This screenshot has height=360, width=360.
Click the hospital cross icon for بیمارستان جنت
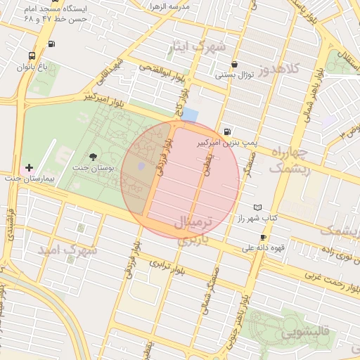pyautogui.click(x=29, y=167)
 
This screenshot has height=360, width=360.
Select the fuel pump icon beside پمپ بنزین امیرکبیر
pyautogui.click(x=226, y=131)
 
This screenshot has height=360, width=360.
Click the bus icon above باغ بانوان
pyautogui.click(x=32, y=56)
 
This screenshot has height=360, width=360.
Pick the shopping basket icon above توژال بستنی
pyautogui.click(x=234, y=64)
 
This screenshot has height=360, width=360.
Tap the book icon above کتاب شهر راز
pyautogui.click(x=257, y=207)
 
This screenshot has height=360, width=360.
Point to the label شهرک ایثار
pyautogui.click(x=197, y=48)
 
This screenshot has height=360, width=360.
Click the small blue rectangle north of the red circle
pyautogui.click(x=191, y=115)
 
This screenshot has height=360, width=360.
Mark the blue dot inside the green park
pyautogui.click(x=141, y=165)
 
